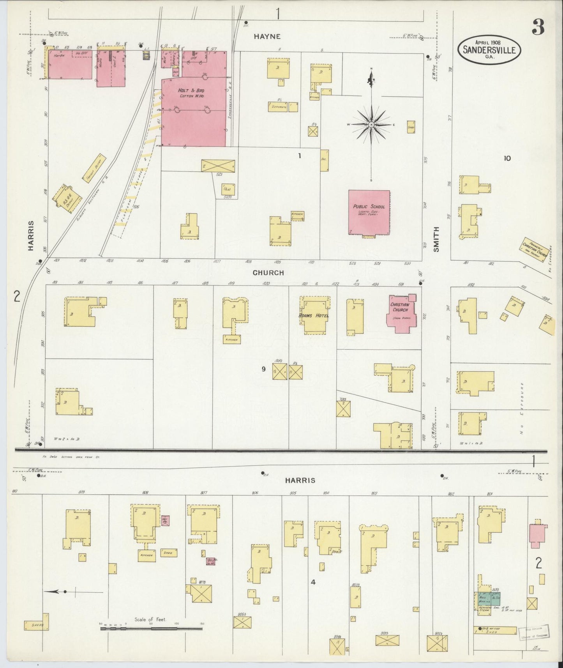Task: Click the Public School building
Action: click(369, 212)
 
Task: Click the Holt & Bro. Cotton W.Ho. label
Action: click(193, 94)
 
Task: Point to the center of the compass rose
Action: click(371, 125)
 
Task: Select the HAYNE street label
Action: click(267, 36)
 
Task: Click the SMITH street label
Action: click(436, 239)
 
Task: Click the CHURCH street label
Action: click(268, 273)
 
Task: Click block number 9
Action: click(264, 369)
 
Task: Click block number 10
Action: click(507, 158)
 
